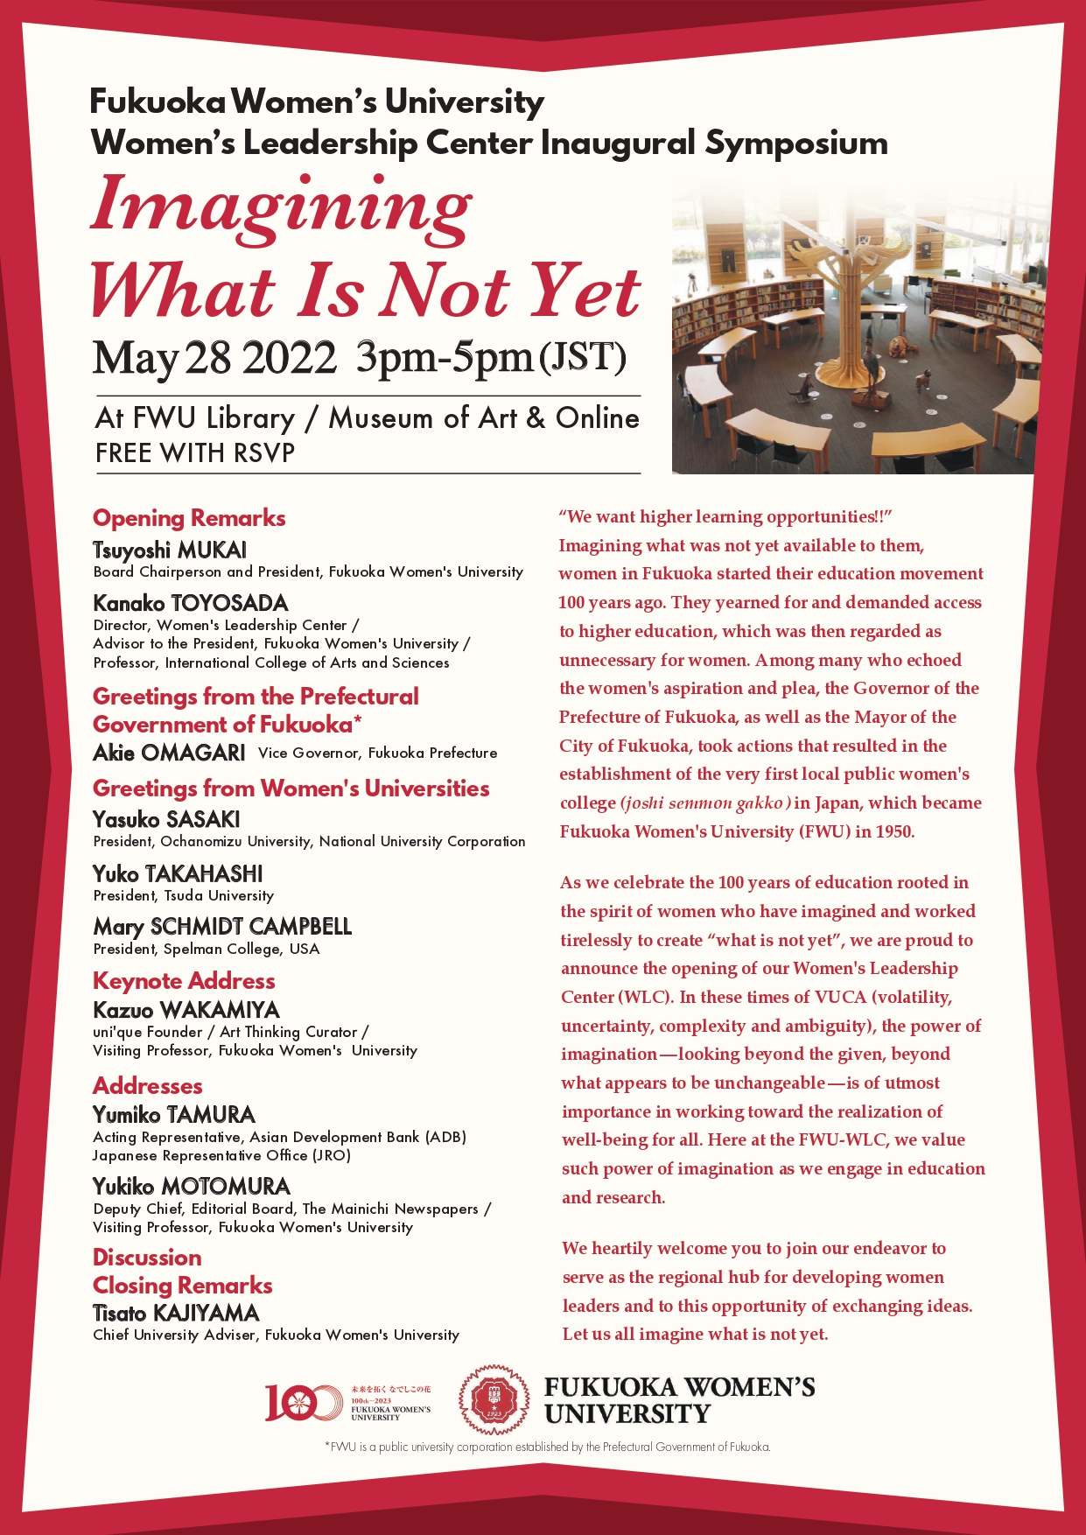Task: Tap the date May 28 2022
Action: (214, 358)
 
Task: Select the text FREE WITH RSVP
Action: (195, 453)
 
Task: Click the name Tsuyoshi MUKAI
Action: (170, 550)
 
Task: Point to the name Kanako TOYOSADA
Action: (191, 603)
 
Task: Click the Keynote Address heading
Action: (184, 981)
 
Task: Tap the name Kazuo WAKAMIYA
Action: (186, 1010)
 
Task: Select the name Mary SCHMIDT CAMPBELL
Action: (222, 927)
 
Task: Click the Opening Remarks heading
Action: (189, 518)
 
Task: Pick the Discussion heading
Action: (147, 1258)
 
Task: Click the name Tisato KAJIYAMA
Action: (176, 1314)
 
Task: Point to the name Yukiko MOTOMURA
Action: (192, 1187)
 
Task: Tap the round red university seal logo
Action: (494, 1399)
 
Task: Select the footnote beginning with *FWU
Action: (547, 1447)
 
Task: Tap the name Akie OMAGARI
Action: (169, 753)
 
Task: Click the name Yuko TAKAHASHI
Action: (178, 874)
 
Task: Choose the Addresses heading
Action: (147, 1086)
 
